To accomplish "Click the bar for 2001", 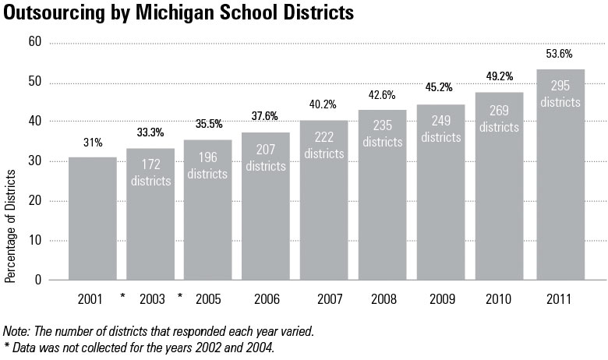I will [x=93, y=218].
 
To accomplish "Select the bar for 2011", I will [x=560, y=195].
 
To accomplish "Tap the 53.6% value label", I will [x=560, y=54].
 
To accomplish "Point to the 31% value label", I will [x=92, y=142].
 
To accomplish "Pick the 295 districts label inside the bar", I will [x=560, y=94].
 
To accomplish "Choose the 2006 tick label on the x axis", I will [x=267, y=299].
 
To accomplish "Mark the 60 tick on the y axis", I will [x=34, y=42].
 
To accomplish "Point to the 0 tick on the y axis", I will [x=37, y=280].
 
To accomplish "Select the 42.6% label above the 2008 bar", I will [x=382, y=95].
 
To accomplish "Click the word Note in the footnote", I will [x=16, y=331].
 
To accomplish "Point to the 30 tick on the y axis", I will [x=34, y=161].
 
